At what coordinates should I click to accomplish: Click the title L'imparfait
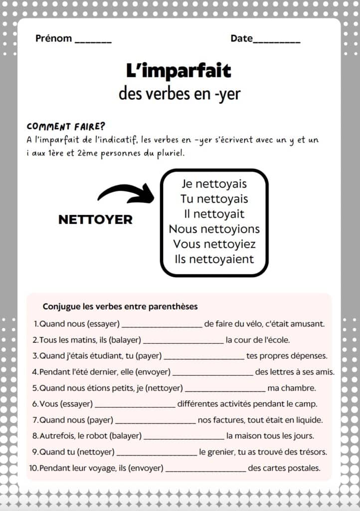click(179, 71)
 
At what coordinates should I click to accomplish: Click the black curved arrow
click(126, 194)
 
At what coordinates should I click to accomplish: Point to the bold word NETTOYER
click(95, 220)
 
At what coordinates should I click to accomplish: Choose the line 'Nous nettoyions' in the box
click(214, 229)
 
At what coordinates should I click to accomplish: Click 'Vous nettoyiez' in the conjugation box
click(214, 244)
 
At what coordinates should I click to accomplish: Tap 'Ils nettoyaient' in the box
click(214, 259)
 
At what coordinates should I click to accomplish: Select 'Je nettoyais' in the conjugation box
click(214, 184)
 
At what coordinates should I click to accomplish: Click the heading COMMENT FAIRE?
click(66, 126)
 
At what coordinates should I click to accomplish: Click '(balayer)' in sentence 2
click(125, 340)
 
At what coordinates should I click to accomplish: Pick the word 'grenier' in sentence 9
click(223, 452)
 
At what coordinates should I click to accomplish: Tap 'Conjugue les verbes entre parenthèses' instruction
click(120, 306)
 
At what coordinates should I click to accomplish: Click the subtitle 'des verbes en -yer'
click(180, 94)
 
